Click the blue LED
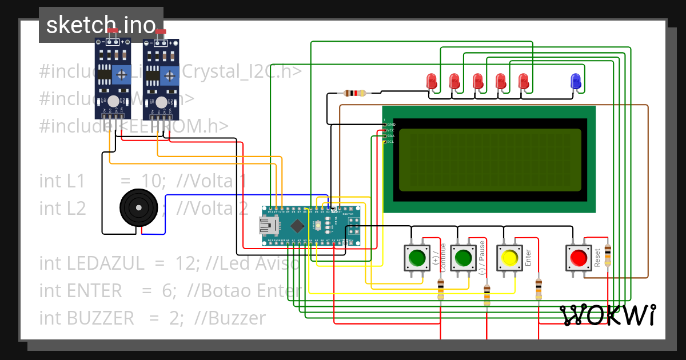pyautogui.click(x=576, y=82)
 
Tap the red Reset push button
pyautogui.click(x=578, y=258)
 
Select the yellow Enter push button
pyautogui.click(x=509, y=258)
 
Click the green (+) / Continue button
pyautogui.click(x=417, y=258)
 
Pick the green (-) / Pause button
pyautogui.click(x=463, y=258)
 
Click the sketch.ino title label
pyautogui.click(x=101, y=25)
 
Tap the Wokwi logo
pyautogui.click(x=607, y=315)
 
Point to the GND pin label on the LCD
pyautogui.click(x=391, y=124)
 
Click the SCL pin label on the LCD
pyautogui.click(x=390, y=141)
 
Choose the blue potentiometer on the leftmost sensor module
pyautogui.click(x=121, y=74)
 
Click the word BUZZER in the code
pyautogui.click(x=101, y=318)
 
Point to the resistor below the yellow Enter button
pyautogui.click(x=539, y=289)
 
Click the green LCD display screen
pyautogui.click(x=489, y=159)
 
